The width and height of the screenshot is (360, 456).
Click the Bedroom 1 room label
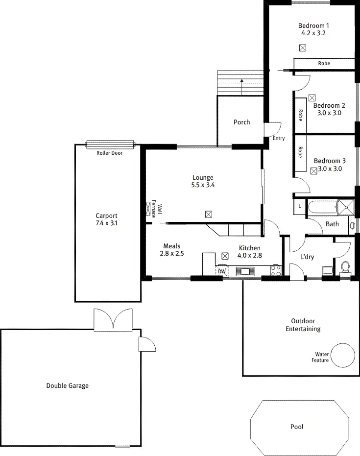click(313, 26)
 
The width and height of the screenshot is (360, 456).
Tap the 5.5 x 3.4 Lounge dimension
click(203, 185)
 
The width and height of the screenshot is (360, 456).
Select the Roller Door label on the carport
click(110, 153)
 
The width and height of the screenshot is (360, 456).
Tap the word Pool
click(296, 427)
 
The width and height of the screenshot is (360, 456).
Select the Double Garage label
click(68, 385)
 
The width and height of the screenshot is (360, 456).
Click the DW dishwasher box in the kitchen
click(222, 271)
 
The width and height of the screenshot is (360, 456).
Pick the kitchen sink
click(243, 271)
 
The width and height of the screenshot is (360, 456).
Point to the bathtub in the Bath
click(322, 207)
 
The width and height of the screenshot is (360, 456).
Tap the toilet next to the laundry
click(345, 268)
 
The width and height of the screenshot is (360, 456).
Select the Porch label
click(241, 122)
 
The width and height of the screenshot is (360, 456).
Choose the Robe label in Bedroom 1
click(324, 63)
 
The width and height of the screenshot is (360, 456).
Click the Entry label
click(278, 139)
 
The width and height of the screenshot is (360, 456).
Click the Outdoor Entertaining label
click(303, 325)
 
